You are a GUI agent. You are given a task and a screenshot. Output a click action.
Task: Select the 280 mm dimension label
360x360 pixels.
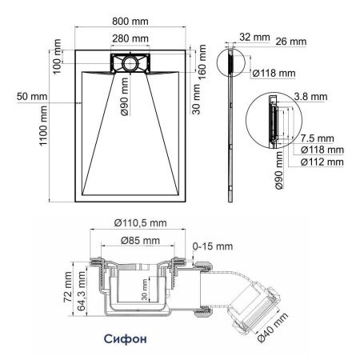click(131, 38)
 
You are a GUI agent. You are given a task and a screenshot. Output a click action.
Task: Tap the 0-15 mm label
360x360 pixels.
click(212, 244)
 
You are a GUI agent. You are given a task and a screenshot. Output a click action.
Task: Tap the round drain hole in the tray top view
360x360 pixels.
click(130, 63)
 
